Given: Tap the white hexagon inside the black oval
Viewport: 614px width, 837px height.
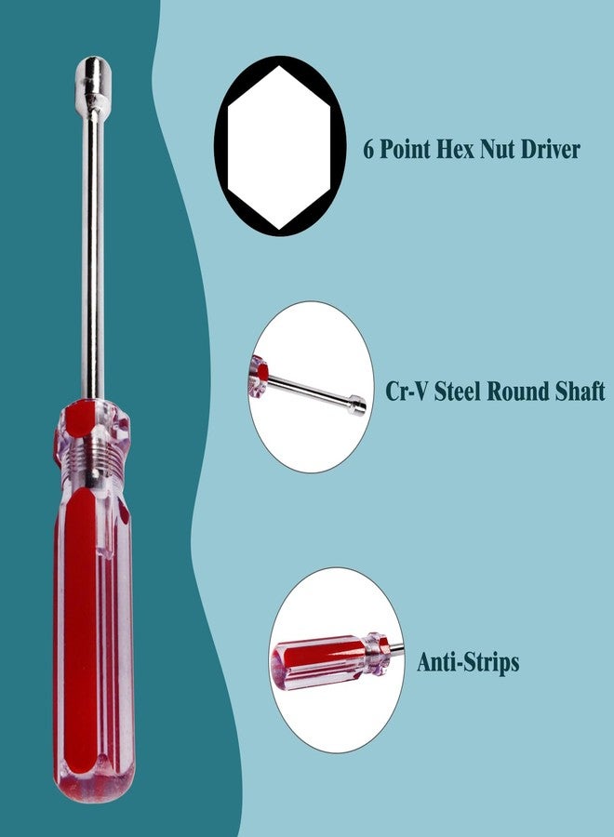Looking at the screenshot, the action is (279, 147).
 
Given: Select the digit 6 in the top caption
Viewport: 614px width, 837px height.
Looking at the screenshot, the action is (368, 149).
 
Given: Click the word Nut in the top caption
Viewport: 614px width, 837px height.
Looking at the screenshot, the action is (498, 149).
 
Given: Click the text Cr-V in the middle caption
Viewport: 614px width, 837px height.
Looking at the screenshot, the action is (407, 391).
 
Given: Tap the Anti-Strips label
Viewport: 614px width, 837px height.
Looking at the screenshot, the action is (468, 662).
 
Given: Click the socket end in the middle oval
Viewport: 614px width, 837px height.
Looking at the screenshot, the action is (356, 405).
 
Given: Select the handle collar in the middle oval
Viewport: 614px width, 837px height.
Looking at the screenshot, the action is (258, 377).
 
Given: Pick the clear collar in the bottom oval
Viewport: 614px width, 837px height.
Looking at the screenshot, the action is (378, 654).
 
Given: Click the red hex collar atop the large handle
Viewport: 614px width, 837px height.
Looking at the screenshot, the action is (92, 419).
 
